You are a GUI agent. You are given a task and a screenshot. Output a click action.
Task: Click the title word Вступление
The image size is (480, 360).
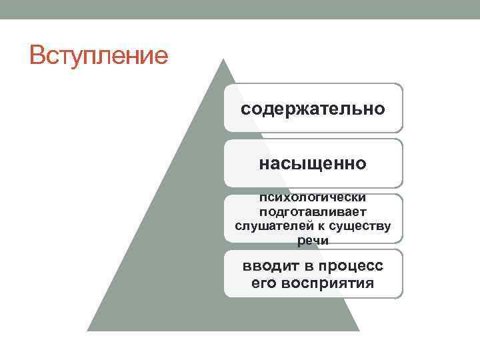99,55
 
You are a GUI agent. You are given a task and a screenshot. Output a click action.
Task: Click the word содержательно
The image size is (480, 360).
313,109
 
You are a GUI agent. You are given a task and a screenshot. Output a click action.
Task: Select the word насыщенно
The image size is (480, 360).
313,164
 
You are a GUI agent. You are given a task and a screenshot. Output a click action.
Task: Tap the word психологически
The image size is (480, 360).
313,197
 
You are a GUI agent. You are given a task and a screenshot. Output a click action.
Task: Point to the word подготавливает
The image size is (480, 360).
313,212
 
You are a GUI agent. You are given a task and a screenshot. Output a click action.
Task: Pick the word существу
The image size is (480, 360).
360,227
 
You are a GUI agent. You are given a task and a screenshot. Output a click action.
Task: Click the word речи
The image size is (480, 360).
313,241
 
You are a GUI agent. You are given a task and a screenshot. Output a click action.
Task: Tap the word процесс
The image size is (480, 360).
352,267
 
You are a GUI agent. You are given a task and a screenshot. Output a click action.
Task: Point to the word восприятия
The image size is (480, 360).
327,284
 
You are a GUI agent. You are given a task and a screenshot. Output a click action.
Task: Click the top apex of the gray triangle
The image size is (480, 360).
223,59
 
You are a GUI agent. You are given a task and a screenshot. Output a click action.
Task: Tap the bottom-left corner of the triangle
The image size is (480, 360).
87,331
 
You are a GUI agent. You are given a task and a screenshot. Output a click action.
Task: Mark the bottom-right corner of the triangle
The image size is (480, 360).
359,331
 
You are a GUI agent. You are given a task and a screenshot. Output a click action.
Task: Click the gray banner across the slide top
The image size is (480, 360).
240,9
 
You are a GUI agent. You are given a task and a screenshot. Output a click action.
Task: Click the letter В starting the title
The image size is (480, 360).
37,55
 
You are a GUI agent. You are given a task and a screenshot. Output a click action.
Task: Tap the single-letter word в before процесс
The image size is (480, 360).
309,266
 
